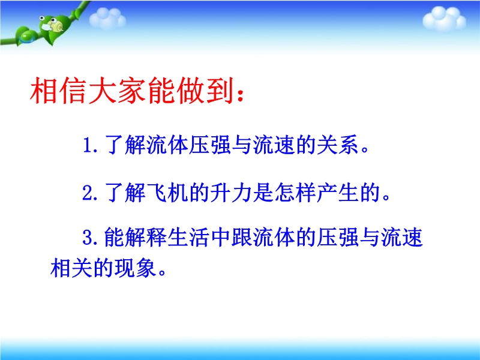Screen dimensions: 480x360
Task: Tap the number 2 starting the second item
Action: point(87,193)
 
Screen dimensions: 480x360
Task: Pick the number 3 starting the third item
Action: point(88,237)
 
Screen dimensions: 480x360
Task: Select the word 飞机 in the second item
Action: point(167,193)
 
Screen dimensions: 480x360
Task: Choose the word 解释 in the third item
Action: point(146,237)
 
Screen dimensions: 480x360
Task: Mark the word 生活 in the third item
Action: point(188,237)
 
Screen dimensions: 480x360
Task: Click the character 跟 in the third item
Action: point(242,237)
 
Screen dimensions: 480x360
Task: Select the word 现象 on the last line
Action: point(134,268)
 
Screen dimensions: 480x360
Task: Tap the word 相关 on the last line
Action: point(71,268)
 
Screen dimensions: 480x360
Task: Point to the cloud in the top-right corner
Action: point(444,19)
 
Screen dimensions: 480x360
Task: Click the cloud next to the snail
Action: point(107,18)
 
